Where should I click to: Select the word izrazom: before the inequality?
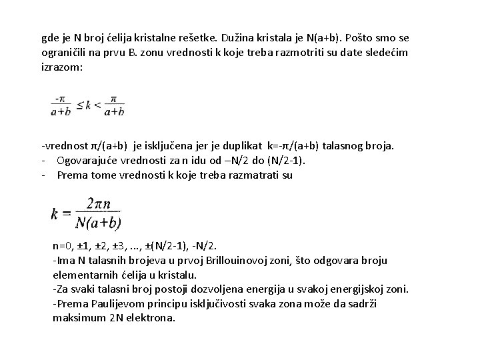pyautogui.click(x=62, y=67)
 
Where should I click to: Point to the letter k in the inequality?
pyautogui.click(x=89, y=105)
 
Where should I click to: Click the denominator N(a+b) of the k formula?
pyautogui.click(x=99, y=222)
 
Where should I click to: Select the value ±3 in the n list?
pyautogui.click(x=125, y=245)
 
